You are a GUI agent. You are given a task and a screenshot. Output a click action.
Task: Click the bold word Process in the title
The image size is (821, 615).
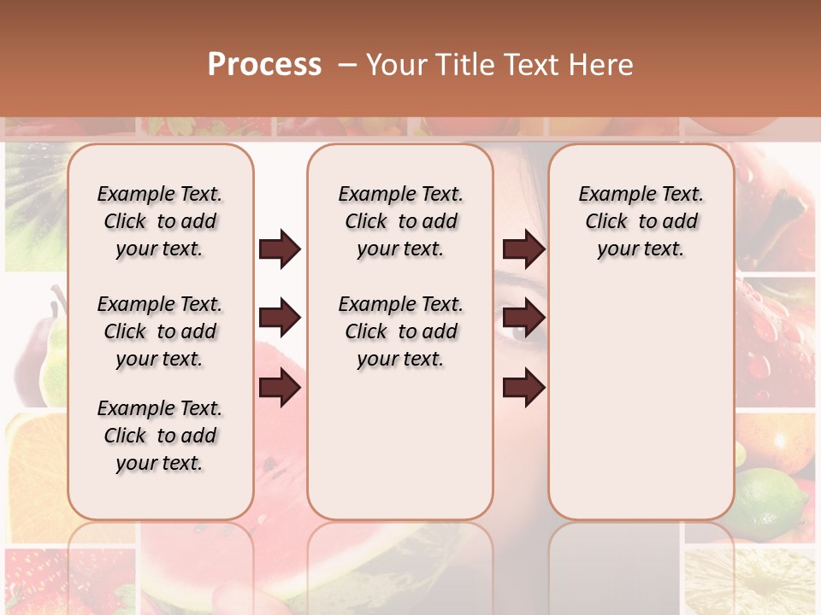(x=264, y=65)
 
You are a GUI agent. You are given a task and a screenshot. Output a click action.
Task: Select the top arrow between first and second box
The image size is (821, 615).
(x=280, y=249)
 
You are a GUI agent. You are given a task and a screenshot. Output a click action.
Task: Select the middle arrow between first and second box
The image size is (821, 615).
(x=280, y=319)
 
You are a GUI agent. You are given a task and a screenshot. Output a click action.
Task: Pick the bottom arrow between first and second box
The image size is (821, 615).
(x=280, y=388)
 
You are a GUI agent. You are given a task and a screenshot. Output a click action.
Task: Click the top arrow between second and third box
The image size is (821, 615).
(x=523, y=249)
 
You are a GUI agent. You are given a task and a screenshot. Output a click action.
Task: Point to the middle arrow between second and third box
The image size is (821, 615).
(x=523, y=319)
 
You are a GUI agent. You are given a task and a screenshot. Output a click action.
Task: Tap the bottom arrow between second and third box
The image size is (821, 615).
(x=523, y=388)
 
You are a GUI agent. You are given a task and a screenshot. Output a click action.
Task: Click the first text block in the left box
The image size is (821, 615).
(x=160, y=221)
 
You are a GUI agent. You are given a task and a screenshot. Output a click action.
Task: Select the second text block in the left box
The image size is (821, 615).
(x=160, y=331)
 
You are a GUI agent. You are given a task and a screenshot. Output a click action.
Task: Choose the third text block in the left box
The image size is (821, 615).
(x=160, y=436)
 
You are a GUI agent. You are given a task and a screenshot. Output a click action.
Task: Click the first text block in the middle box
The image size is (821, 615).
(x=400, y=221)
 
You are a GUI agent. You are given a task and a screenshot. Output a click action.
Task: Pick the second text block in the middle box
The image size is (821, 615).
(x=400, y=331)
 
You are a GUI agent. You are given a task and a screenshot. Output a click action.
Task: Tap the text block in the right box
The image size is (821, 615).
(x=641, y=221)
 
